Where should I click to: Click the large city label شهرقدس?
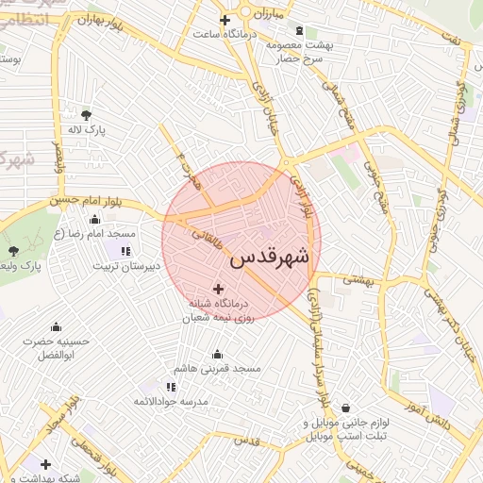pos(269,257)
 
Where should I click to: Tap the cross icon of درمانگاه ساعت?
pos(225,20)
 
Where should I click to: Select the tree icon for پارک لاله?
pos(87,115)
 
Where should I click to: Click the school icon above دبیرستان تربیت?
pos(125,251)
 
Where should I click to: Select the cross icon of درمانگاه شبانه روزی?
pos(219,289)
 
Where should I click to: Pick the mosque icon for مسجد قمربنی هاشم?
pos(218,355)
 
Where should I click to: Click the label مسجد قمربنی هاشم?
pos(218,368)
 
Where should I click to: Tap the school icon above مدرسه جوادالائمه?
pos(171,387)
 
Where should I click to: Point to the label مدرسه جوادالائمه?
pos(170,402)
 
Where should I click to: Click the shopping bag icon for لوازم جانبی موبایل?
pos(347,408)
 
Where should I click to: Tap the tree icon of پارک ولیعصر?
pos(13,251)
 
